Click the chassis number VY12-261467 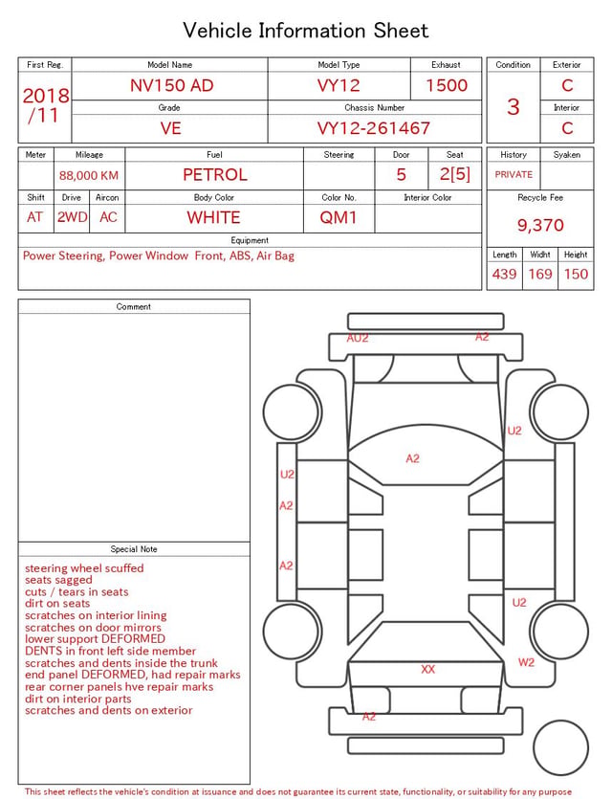374,128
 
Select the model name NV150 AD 171,85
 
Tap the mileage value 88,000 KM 89,176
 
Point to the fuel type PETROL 215,175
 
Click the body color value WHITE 213,217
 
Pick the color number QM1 339,217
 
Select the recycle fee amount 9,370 540,225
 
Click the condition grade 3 514,106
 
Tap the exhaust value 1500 447,85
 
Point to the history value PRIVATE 514,174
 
